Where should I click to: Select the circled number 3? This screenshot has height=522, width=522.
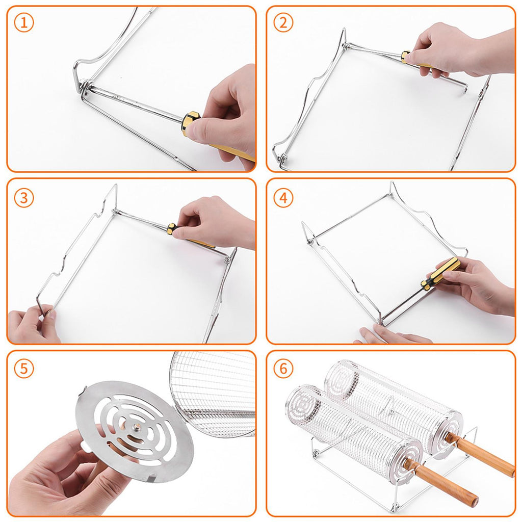point(24,198)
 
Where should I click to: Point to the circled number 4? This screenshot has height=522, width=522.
point(283,198)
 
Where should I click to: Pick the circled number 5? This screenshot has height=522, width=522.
point(24,369)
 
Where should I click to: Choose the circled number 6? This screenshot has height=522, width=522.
point(283,369)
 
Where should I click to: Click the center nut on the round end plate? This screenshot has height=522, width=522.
point(137,427)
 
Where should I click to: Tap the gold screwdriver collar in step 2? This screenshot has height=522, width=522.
point(406,57)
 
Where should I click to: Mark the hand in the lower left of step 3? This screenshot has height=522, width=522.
point(32,325)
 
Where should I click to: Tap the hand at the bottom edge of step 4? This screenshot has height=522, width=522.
point(393,334)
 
